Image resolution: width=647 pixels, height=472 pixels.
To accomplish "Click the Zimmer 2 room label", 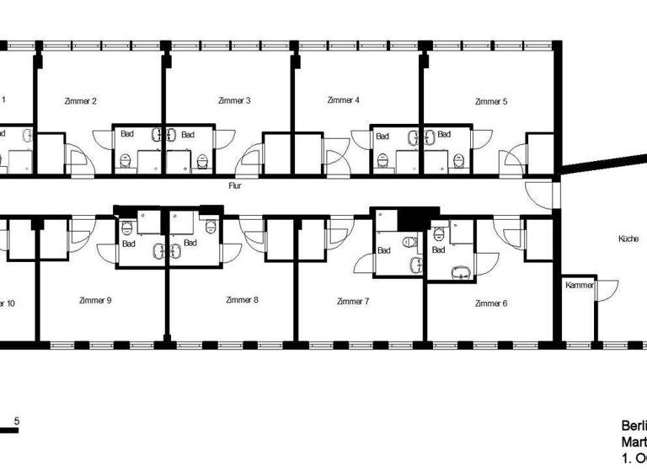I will click(81, 101).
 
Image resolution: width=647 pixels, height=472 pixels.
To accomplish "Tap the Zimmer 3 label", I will click(234, 101).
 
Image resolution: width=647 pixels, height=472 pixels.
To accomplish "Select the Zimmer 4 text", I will click(344, 100).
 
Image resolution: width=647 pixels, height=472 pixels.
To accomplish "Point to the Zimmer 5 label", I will click(491, 101).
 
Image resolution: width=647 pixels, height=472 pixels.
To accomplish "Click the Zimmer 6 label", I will click(491, 303).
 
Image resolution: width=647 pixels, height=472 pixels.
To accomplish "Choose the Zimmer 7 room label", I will click(353, 301).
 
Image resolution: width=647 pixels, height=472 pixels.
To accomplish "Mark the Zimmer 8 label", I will click(243, 300).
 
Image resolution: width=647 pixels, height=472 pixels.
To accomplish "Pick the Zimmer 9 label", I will click(95, 300).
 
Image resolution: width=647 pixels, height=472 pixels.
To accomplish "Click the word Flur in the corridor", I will click(235, 185).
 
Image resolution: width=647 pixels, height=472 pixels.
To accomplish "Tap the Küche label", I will click(628, 239).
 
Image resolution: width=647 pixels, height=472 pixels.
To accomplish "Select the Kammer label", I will click(580, 286).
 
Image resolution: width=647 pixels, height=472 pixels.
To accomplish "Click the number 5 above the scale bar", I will click(17, 421).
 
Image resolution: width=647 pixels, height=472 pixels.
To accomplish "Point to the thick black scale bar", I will click(8, 431).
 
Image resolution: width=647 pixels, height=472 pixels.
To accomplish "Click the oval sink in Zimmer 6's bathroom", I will click(461, 272).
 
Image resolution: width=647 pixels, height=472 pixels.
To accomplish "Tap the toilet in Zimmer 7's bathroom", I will click(409, 242).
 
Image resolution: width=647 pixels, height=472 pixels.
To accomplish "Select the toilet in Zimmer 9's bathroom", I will click(128, 227).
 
